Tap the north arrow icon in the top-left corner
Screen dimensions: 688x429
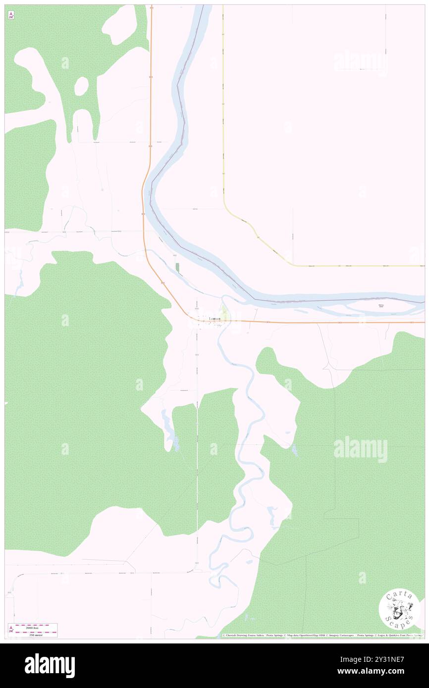point(11,16)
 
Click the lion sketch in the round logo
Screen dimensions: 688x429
point(399,609)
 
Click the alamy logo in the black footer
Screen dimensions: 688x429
point(50,665)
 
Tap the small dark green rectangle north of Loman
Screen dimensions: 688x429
point(177,267)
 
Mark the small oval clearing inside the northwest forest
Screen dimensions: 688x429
point(81,87)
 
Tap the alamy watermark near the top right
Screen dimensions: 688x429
point(360,61)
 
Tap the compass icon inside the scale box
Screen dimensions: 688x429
point(11,630)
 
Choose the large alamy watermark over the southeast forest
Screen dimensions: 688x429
point(360,449)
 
